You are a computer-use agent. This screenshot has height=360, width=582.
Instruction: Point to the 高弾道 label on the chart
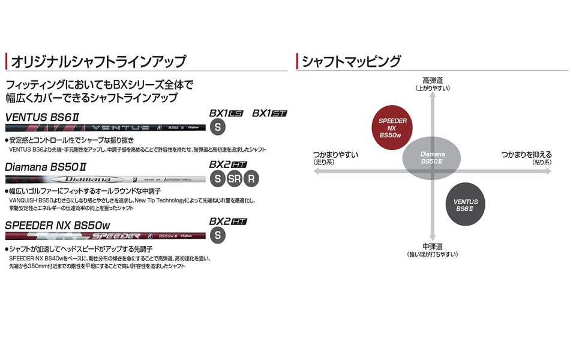432,80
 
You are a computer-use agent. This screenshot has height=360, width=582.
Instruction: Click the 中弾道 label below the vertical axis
432,246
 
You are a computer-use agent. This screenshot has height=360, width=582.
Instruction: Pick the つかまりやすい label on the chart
335,155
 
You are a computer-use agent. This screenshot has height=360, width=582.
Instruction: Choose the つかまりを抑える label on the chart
526,155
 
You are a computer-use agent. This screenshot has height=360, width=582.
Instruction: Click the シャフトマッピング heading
351,62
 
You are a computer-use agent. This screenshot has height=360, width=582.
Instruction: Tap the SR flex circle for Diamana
235,179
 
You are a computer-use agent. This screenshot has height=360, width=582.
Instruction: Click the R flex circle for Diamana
252,179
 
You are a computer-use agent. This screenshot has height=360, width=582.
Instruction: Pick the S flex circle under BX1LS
218,127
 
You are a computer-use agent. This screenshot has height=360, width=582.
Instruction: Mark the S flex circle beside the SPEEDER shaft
218,235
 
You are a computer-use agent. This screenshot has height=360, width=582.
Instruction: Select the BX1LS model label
226,113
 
